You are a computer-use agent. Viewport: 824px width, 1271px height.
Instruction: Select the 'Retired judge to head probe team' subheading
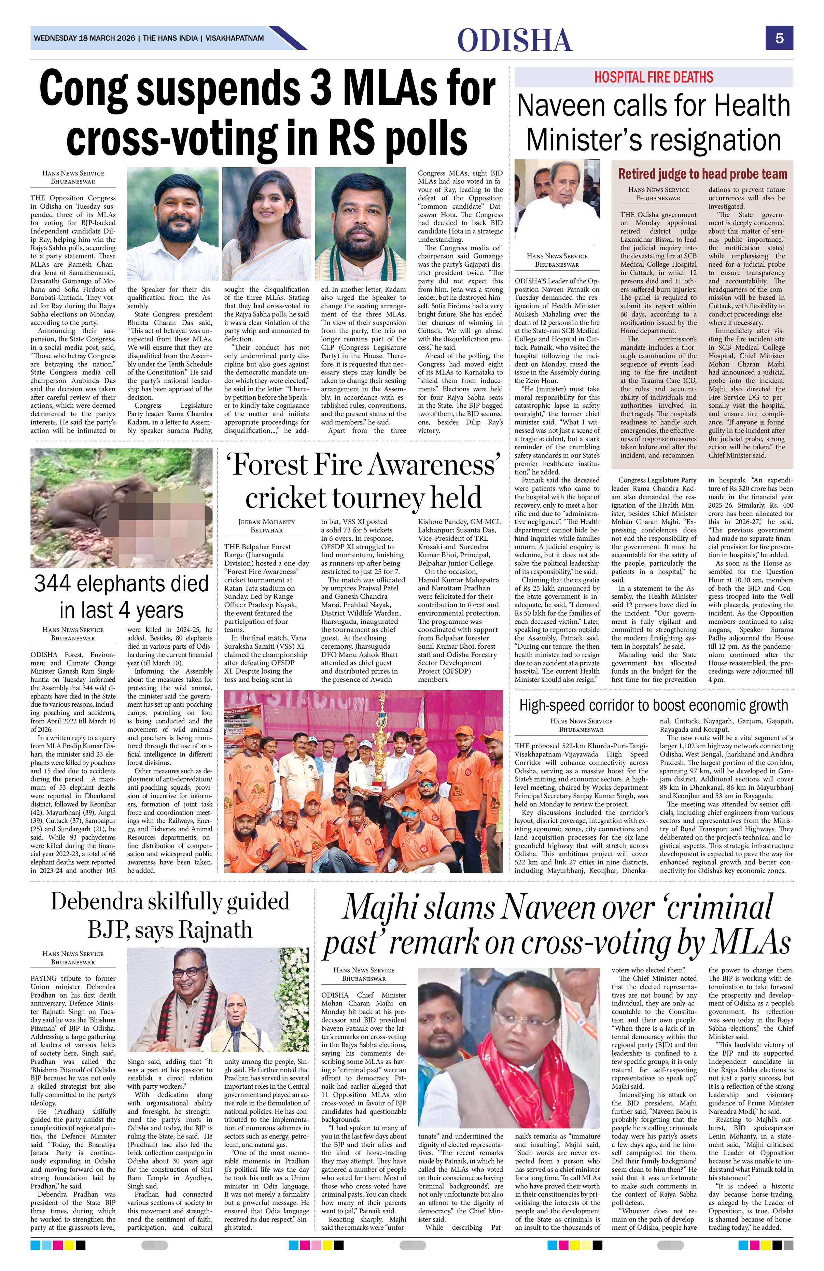pyautogui.click(x=702, y=174)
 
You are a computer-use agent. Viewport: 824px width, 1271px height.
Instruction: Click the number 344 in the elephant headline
pyautogui.click(x=55, y=583)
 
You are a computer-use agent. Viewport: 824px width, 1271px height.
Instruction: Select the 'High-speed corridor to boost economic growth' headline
pyautogui.click(x=653, y=705)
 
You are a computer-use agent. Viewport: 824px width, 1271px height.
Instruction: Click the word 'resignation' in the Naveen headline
pyautogui.click(x=708, y=140)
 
